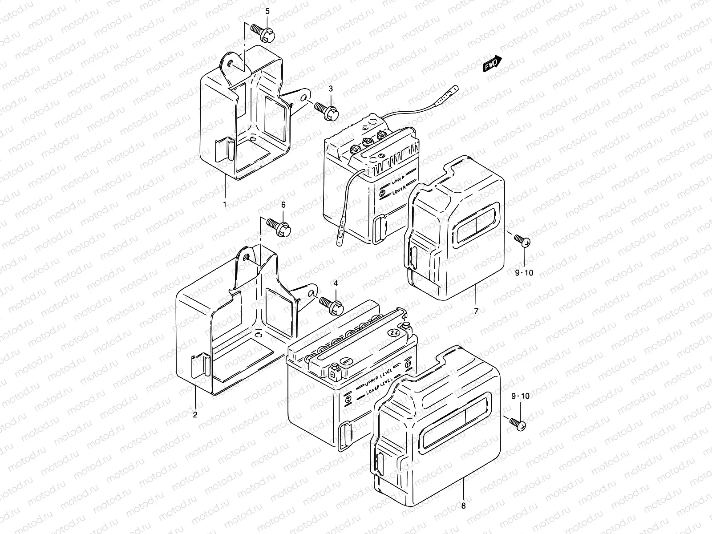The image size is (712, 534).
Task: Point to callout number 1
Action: (225, 204)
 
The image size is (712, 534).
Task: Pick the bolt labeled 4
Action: (332, 303)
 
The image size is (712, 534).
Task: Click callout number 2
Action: (195, 415)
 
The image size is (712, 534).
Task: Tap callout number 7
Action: (476, 311)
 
